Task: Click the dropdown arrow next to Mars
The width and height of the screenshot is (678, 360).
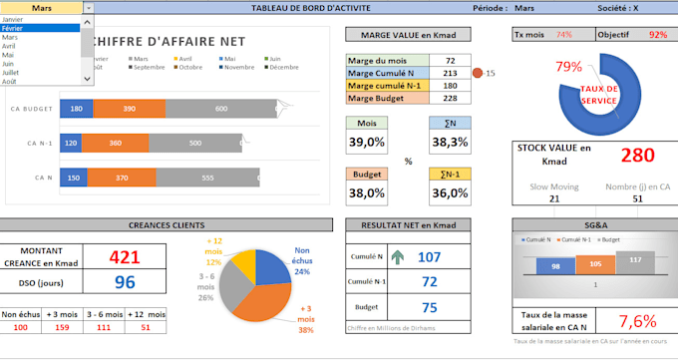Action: tap(88, 7)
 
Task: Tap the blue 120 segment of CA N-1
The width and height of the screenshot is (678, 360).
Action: tap(70, 143)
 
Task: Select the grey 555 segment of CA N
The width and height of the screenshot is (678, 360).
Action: tap(207, 178)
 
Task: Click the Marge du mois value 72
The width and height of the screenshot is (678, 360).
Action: tap(451, 60)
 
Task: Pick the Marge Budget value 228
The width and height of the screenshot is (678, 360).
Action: tap(451, 97)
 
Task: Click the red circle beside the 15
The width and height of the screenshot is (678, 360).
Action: tap(477, 73)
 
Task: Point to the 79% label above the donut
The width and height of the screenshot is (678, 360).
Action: tap(569, 67)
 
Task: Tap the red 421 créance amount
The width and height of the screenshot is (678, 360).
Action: tap(124, 257)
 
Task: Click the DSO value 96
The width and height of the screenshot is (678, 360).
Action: tap(124, 282)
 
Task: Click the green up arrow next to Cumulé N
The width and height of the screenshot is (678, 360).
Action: tap(398, 256)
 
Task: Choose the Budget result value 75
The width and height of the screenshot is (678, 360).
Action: tap(430, 306)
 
